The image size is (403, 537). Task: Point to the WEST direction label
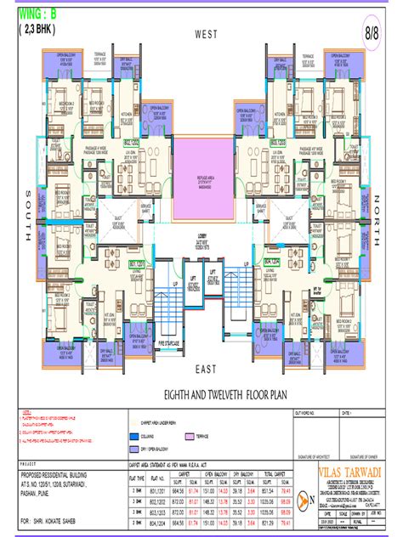coord(207,35)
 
